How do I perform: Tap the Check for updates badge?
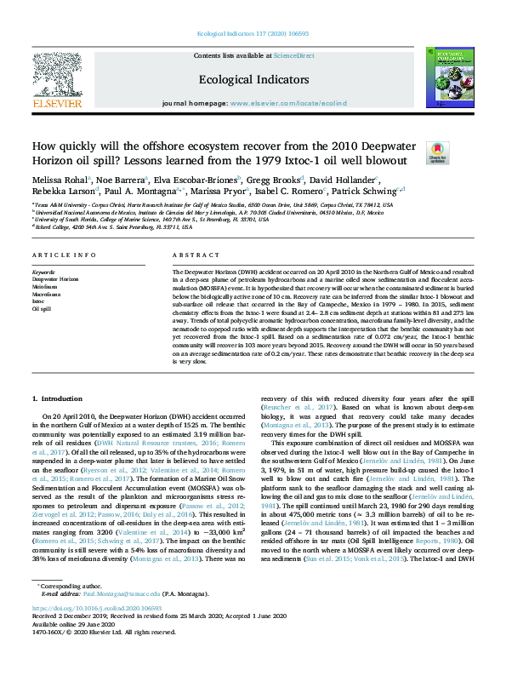coord(437,152)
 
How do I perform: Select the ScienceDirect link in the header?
coord(293,55)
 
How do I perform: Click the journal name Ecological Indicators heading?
coord(253,79)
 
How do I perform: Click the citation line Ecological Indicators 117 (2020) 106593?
coord(253,32)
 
